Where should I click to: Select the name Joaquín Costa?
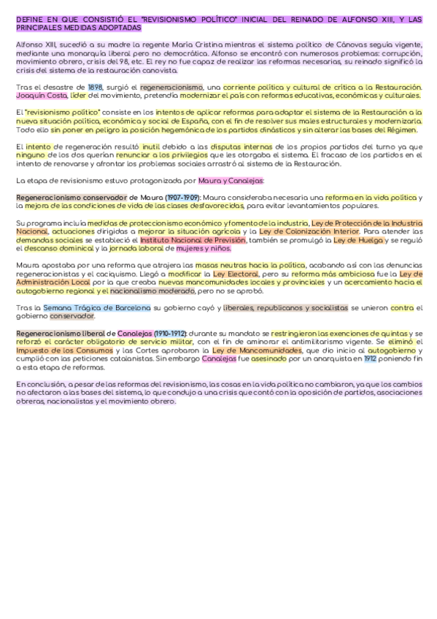point(36,95)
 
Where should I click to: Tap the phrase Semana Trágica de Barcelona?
point(97,307)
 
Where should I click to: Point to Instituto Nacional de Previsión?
point(193,239)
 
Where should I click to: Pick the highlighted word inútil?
point(151,147)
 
